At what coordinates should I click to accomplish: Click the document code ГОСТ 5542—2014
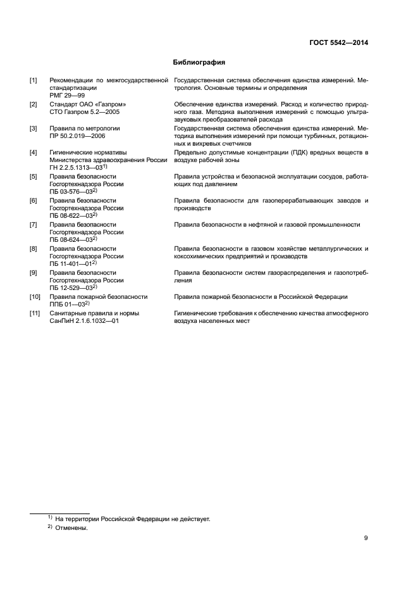(x=340, y=43)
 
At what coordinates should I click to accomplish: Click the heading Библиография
(x=199, y=63)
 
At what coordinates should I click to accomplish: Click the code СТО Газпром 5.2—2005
(x=84, y=111)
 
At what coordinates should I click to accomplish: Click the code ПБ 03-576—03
(x=72, y=191)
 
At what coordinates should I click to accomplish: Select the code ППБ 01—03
(x=68, y=304)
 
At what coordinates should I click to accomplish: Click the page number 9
(x=366, y=538)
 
